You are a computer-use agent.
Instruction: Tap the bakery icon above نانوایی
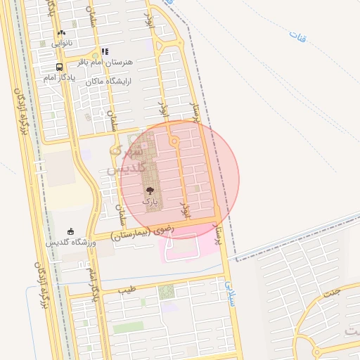pos(61,32)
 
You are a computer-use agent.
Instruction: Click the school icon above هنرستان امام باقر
pos(105,51)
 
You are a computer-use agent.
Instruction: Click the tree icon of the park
pos(149,191)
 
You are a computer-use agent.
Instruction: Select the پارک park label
pos(150,201)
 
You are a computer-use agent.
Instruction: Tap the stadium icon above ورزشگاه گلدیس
pos(70,231)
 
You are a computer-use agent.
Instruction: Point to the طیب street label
pos(127,289)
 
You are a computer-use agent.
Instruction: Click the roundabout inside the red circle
pos(174,142)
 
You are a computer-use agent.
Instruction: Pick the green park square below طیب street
pos(167,292)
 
